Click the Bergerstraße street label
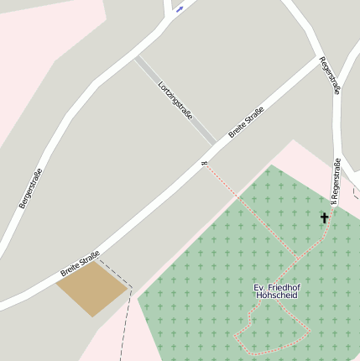point(30,188)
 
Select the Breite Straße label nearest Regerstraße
point(246,122)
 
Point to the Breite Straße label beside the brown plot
point(80,264)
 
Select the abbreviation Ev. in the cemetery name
point(259,287)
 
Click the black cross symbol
point(325,218)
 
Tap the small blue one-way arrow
point(179,10)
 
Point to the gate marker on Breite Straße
point(203,163)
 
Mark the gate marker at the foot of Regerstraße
point(332,201)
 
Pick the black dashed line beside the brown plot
point(128,311)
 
